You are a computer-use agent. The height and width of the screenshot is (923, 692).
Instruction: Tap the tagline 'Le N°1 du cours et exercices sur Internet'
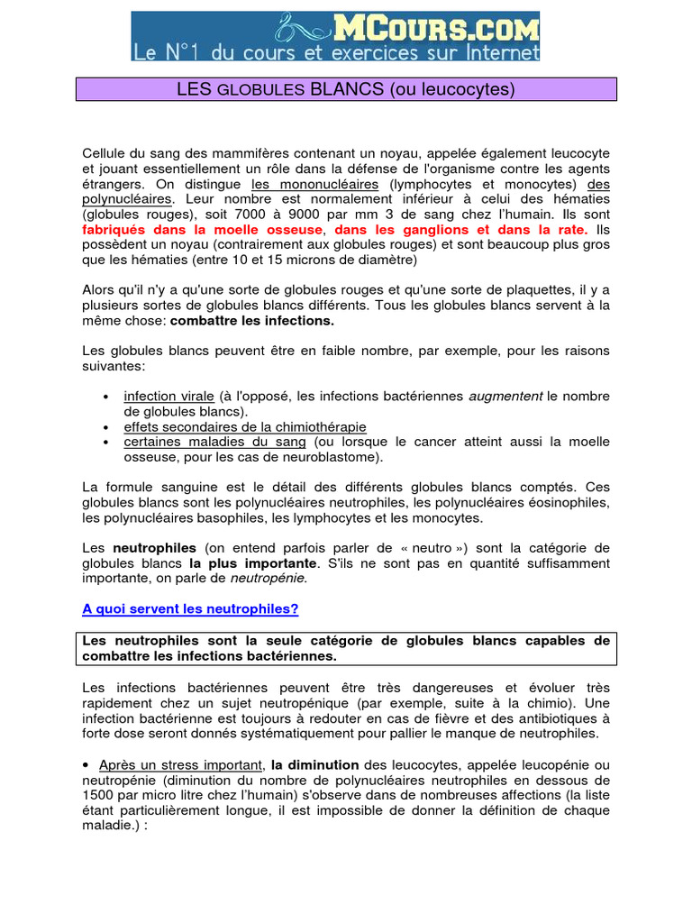[x=336, y=52]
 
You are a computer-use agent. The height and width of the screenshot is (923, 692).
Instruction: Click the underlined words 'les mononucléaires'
[x=302, y=184]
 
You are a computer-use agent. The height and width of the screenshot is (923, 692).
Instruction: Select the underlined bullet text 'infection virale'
[x=168, y=397]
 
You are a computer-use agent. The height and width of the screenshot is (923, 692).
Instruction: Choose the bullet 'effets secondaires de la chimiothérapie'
[x=245, y=427]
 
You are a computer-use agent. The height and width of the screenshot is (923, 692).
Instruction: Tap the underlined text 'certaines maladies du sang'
[x=214, y=442]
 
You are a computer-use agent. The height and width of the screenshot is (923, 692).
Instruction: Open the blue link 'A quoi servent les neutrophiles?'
[x=190, y=609]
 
